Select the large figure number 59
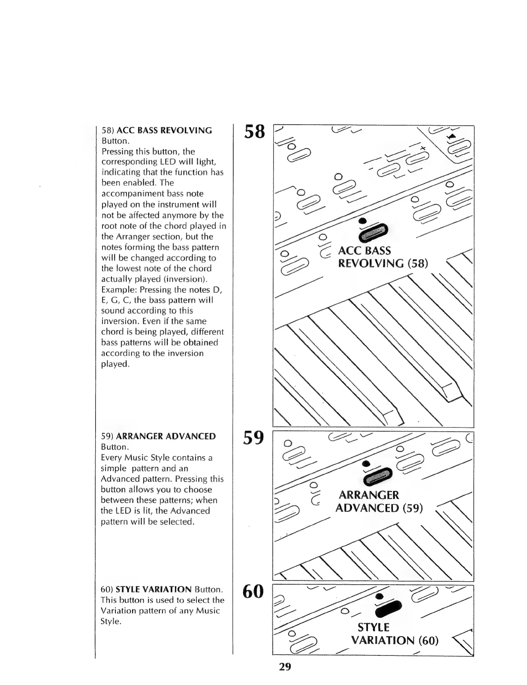253,438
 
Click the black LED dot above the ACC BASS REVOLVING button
363,220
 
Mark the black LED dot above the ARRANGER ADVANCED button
366,464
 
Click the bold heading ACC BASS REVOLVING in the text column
164,130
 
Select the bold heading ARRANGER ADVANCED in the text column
166,436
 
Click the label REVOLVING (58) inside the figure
383,263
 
